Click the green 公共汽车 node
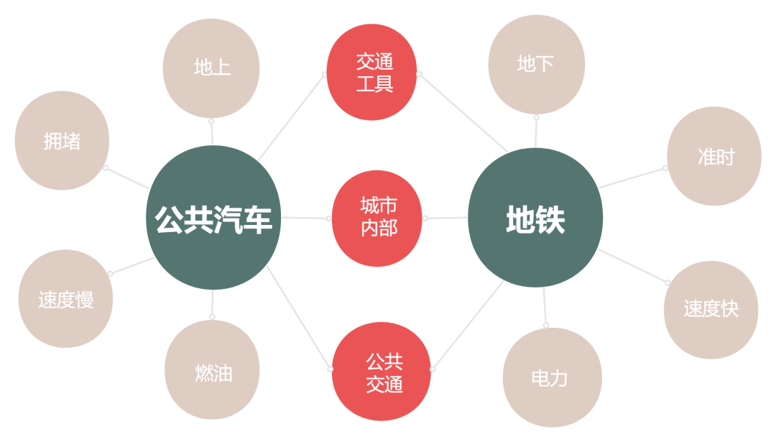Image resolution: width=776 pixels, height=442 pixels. tap(213, 218)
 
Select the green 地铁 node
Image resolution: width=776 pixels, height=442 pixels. tap(535, 218)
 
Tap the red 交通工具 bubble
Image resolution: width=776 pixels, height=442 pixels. tap(371, 72)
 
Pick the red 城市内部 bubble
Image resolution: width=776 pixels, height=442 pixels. tap(377, 218)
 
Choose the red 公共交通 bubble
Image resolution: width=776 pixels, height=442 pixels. tap(382, 371)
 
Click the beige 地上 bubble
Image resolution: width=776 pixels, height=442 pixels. tap(211, 68)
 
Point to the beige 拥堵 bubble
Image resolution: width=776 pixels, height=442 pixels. tap(62, 141)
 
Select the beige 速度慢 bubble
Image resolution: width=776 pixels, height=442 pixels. tap(66, 299)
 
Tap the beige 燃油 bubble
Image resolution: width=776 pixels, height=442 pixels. tap(213, 371)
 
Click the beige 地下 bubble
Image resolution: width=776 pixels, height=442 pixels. tap(536, 65)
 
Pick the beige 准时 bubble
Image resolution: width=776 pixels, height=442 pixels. tap(714, 156)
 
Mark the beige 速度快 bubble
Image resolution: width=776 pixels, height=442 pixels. tap(711, 309)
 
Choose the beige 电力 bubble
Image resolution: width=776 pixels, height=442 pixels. tap(551, 377)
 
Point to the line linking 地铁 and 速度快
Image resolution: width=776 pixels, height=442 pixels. tap(632, 265)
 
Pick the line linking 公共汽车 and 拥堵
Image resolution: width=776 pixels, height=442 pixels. tap(127, 178)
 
